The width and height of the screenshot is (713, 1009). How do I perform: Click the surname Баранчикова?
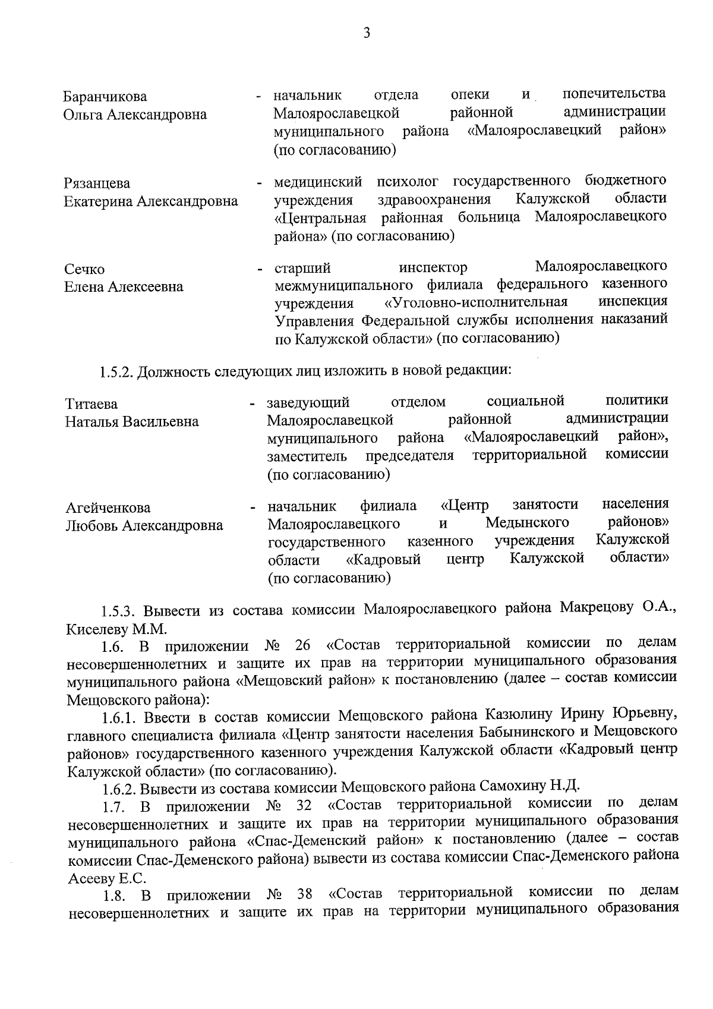105,97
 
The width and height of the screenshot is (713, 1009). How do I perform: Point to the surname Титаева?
91,405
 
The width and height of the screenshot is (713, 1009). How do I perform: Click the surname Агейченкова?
108,508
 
